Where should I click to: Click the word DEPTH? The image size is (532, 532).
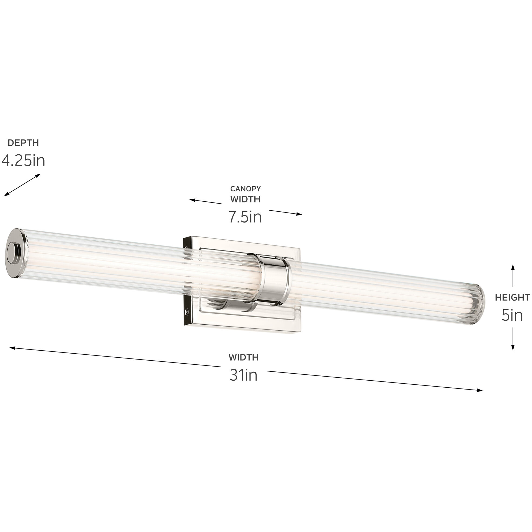23,143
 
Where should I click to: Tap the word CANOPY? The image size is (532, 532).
245,189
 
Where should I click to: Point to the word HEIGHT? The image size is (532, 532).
512,297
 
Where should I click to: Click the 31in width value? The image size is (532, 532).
244,375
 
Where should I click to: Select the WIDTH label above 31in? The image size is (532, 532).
244,358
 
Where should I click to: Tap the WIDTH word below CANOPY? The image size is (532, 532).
245,199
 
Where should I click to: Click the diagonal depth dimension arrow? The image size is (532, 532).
22,185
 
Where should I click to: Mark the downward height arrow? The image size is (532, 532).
513,339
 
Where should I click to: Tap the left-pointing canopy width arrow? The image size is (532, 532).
205,202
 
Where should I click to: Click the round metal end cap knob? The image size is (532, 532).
14,254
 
